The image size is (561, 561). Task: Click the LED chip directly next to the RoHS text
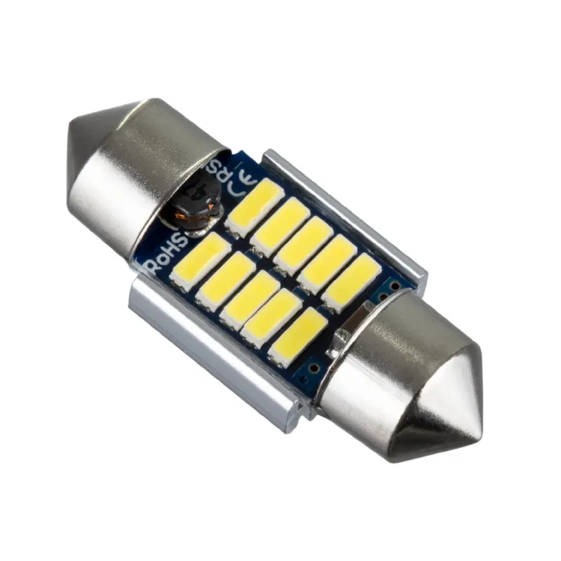click(200, 259)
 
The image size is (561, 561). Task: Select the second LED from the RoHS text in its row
click(224, 279)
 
